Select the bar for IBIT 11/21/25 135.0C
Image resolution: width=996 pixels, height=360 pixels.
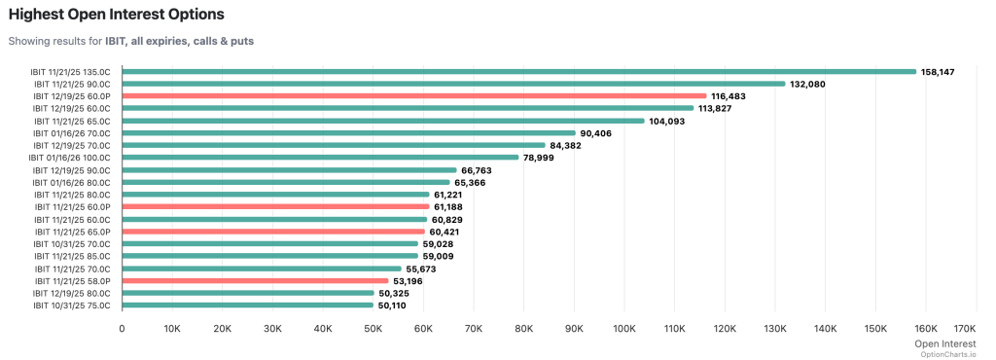click(x=518, y=71)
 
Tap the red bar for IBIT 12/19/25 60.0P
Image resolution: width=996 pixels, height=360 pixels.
click(x=413, y=96)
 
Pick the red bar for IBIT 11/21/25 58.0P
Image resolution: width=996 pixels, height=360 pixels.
click(x=255, y=280)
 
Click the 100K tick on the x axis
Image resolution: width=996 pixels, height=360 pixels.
click(x=624, y=329)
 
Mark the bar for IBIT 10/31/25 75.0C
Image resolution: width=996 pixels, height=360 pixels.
click(x=247, y=306)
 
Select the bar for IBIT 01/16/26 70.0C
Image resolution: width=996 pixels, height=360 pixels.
click(x=348, y=133)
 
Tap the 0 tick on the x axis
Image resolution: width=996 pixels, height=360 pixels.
click(x=122, y=329)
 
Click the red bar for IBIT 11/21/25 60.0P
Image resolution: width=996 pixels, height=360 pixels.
click(x=275, y=207)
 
